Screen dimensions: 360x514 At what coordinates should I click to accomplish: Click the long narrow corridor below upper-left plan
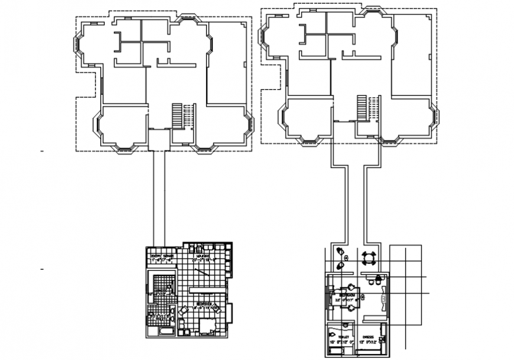click(158, 195)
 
